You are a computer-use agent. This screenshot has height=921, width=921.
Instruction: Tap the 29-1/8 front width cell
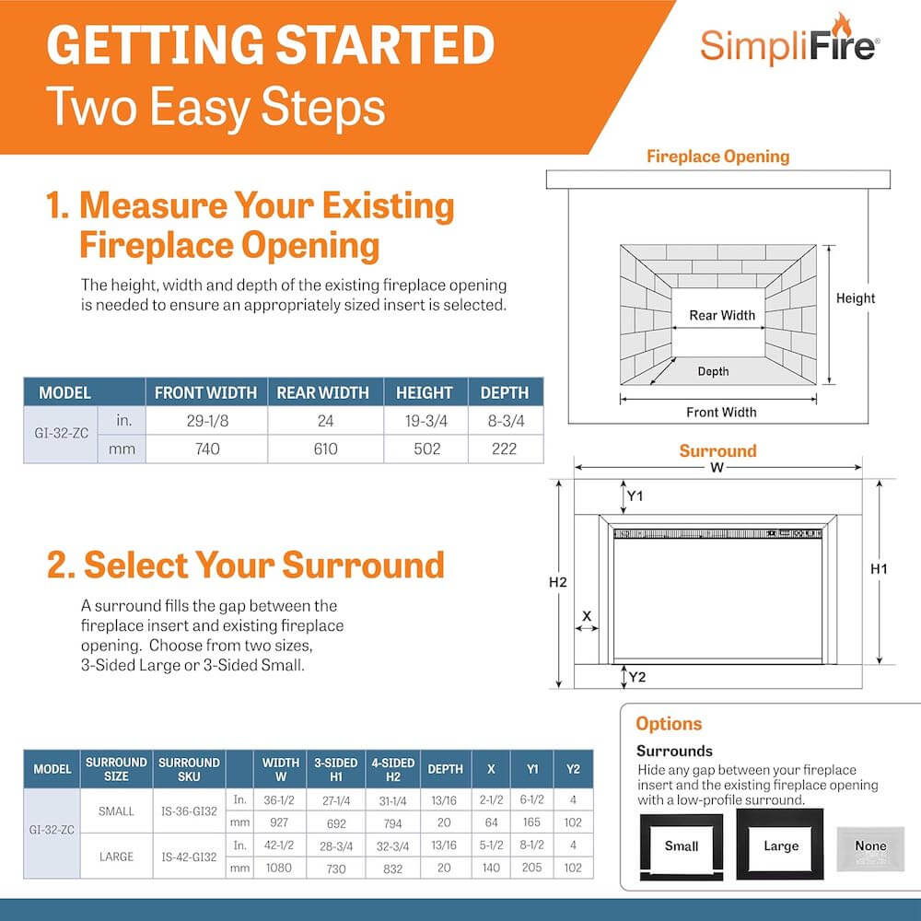coord(207,421)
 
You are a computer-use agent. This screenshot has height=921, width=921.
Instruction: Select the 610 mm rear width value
coord(325,449)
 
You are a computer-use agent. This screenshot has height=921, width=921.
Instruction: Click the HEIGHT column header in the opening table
coord(424,392)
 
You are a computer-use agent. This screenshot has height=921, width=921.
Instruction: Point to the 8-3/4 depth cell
coord(506,421)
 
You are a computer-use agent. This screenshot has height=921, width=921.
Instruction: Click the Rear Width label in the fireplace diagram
coord(722,315)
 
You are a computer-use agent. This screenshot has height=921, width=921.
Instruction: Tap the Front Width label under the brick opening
coord(721,413)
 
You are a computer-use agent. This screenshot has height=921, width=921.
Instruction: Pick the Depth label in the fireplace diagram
coord(713,371)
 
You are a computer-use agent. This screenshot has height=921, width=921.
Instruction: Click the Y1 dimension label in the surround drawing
coord(635,496)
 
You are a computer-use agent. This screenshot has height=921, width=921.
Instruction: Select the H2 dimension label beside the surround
coord(557,582)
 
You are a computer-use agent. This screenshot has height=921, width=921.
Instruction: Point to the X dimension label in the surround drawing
coord(587,616)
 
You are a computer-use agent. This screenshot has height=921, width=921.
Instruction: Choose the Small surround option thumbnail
coord(682,846)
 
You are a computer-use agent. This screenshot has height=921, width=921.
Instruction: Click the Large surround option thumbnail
coord(780,844)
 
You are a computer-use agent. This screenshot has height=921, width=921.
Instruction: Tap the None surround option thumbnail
coord(870,849)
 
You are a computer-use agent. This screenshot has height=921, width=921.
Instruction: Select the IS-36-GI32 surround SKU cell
coord(189,811)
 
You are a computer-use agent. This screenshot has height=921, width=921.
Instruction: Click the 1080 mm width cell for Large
coord(279,868)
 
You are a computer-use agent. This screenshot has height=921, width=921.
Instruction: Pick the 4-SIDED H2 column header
coord(393,769)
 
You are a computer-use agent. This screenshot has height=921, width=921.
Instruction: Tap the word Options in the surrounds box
coord(669,724)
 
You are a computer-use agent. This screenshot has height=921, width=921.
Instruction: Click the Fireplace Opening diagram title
coord(717,157)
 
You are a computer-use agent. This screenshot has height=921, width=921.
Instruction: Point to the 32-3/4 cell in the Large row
coord(393,846)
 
